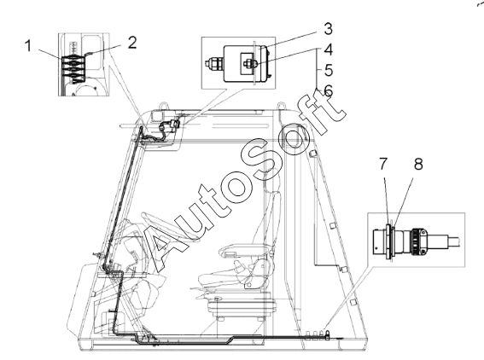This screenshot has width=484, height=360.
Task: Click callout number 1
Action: pyautogui.click(x=28, y=46)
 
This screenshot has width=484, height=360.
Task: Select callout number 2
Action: pyautogui.click(x=131, y=43)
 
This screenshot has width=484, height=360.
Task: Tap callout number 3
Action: pyautogui.click(x=328, y=29)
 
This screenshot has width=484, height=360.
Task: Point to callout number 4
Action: pyautogui.click(x=329, y=49)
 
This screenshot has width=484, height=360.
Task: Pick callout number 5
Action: pyautogui.click(x=329, y=70)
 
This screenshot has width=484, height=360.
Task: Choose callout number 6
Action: pyautogui.click(x=329, y=90)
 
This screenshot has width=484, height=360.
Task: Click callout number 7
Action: pyautogui.click(x=383, y=164)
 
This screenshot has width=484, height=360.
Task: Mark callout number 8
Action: pyautogui.click(x=418, y=164)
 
